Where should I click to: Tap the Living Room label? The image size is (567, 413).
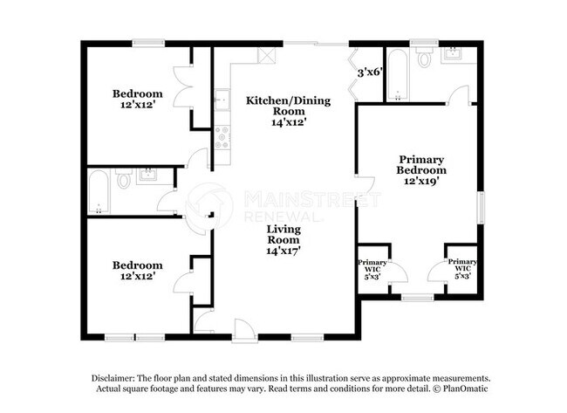283,233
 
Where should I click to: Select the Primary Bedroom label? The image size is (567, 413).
421,165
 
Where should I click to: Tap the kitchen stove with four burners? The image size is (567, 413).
222,135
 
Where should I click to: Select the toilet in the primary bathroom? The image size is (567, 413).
425,59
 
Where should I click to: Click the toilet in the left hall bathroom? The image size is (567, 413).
124,182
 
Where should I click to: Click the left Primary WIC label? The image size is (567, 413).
372,267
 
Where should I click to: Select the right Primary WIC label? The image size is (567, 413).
461,267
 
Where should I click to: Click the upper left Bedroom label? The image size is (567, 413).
137,93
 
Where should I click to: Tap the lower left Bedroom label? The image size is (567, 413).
137,265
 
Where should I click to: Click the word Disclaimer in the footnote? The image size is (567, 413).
116,377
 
